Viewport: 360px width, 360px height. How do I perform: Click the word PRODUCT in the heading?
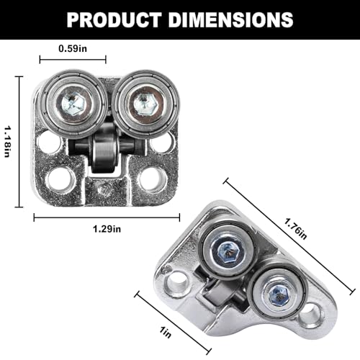click(114, 19)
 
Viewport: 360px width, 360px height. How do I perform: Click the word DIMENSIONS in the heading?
click(230, 19)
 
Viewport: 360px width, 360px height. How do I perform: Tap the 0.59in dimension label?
click(73, 49)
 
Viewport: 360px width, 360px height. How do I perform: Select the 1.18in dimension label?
click(7, 141)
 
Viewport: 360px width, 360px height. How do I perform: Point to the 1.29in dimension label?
click(107, 229)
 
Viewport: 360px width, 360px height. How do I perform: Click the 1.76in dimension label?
click(295, 228)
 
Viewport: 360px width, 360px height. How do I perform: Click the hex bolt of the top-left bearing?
click(73, 104)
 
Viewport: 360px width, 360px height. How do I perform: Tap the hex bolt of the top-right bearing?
click(143, 104)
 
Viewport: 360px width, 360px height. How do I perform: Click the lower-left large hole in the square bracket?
click(60, 180)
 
